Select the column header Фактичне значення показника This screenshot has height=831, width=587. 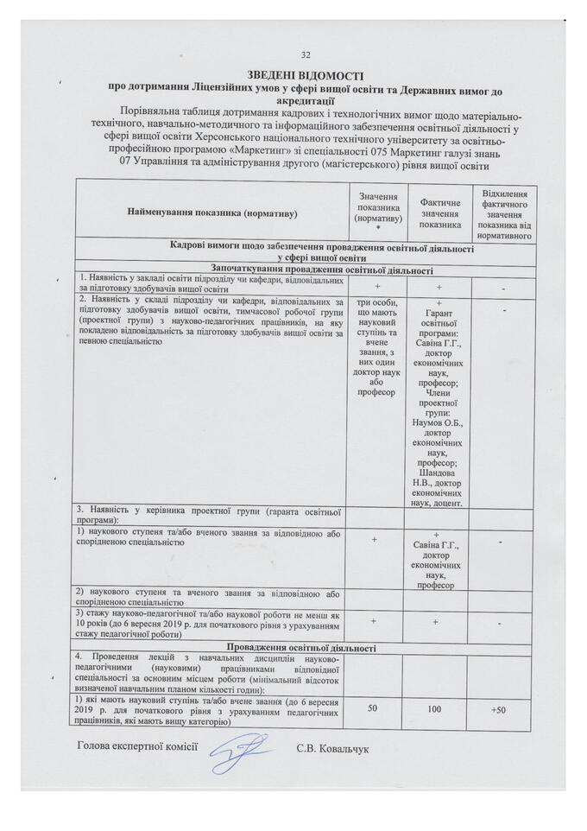click(441, 213)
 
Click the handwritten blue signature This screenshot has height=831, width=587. click(245, 752)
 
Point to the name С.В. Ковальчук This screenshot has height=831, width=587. click(331, 748)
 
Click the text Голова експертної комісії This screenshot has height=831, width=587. click(138, 747)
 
